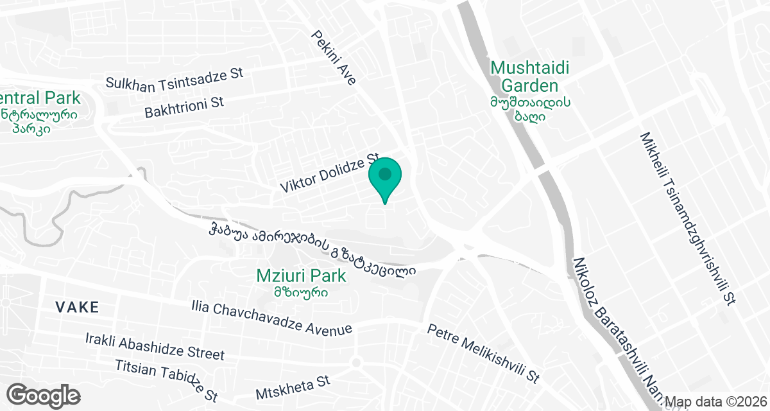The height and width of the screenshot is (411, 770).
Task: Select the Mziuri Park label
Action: (301, 276)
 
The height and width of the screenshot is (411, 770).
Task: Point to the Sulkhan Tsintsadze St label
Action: (175, 78)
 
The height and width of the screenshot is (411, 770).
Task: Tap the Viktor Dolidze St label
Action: (330, 173)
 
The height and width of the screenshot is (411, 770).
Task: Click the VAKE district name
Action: (77, 308)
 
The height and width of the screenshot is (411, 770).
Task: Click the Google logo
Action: (44, 394)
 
